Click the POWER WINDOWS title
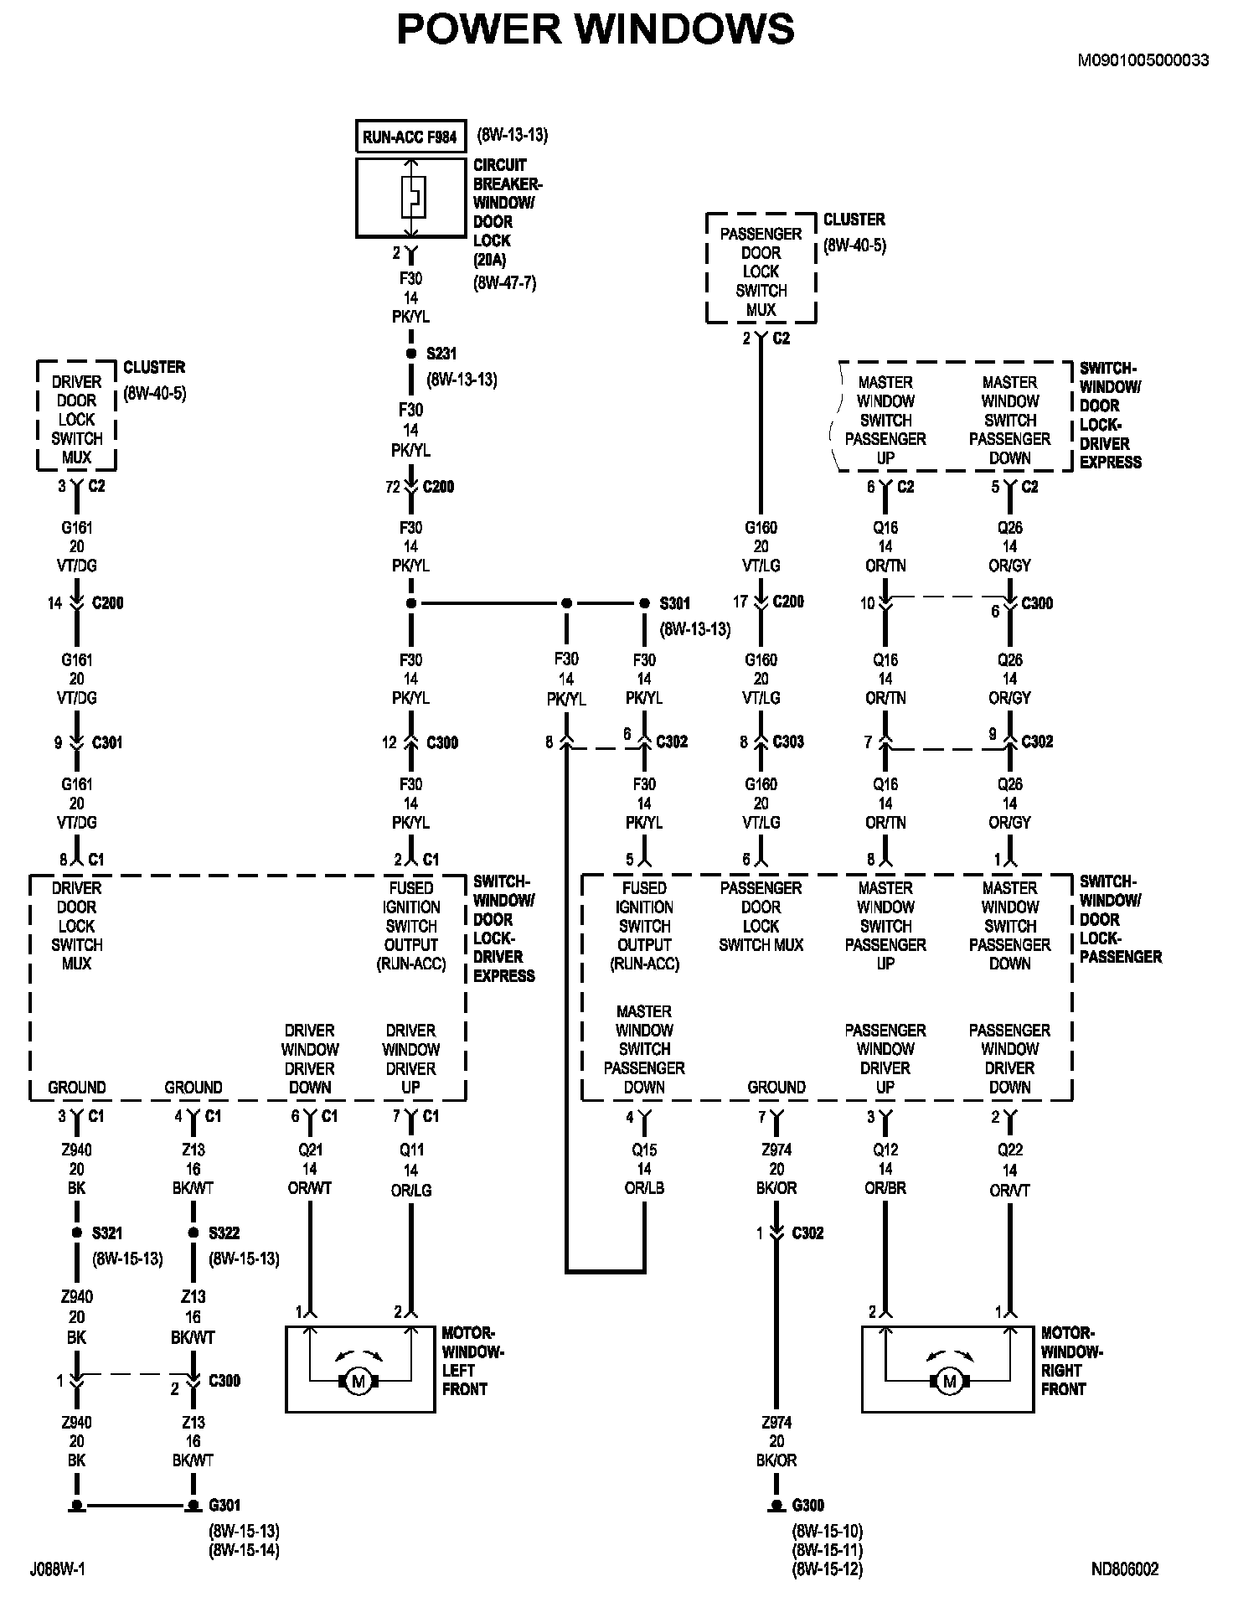(x=595, y=29)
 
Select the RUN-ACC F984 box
(x=410, y=137)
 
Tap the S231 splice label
(x=441, y=354)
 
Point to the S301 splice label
(x=675, y=603)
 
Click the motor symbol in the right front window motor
(x=949, y=1382)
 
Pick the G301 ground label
(x=224, y=1505)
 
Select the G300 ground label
(x=807, y=1505)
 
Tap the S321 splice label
(x=107, y=1233)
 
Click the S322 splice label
(x=224, y=1233)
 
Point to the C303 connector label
(x=788, y=742)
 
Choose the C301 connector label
(x=107, y=742)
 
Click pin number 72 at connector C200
(x=392, y=487)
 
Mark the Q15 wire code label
(x=644, y=1150)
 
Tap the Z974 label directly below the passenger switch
(x=776, y=1150)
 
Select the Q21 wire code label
(x=310, y=1150)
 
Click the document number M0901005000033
(x=1143, y=60)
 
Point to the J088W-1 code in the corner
(x=57, y=1569)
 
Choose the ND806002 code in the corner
(x=1125, y=1569)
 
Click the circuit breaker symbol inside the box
(x=411, y=198)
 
